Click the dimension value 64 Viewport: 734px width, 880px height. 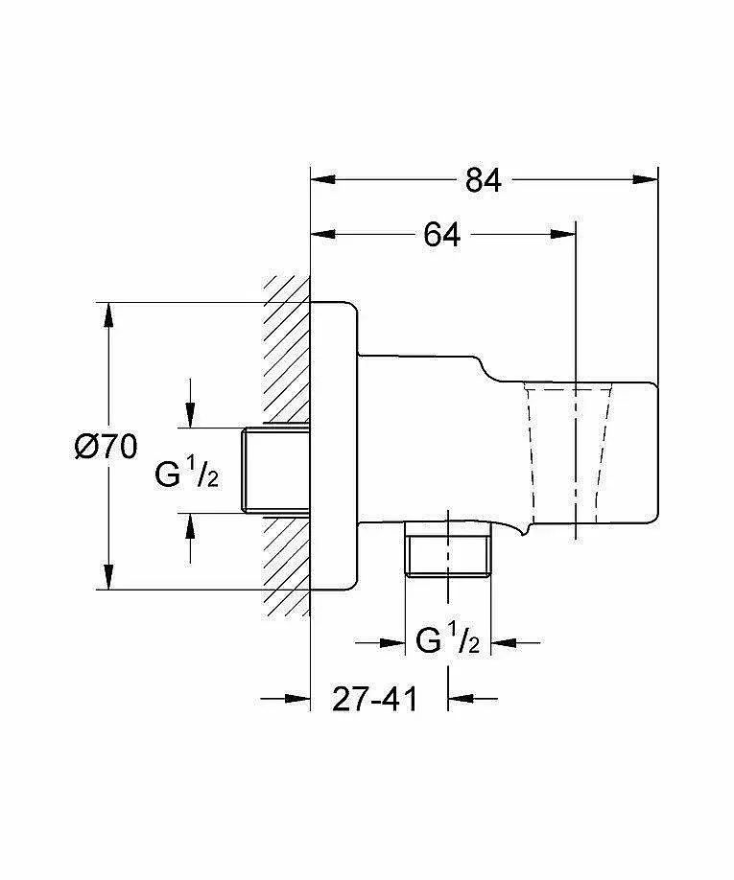pyautogui.click(x=442, y=235)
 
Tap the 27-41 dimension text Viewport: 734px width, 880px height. pyautogui.click(x=376, y=699)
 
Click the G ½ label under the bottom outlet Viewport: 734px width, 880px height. pyautogui.click(x=448, y=641)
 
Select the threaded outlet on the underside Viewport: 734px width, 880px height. pyautogui.click(x=448, y=551)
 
